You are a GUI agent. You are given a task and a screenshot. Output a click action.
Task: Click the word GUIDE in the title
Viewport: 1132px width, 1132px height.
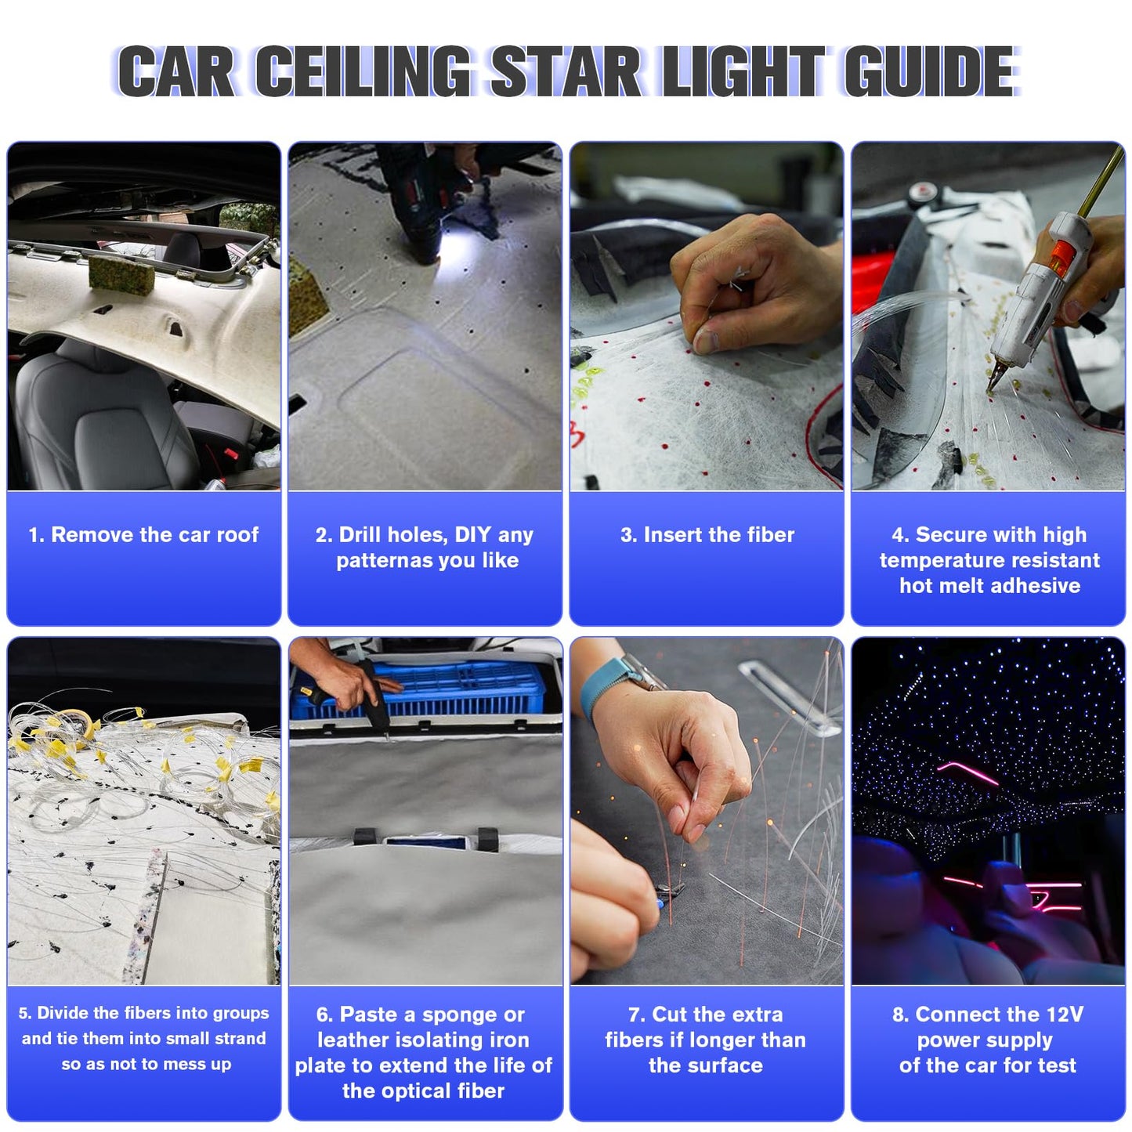click(x=930, y=71)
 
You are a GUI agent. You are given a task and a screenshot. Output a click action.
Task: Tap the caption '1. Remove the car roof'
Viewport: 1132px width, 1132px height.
click(x=143, y=535)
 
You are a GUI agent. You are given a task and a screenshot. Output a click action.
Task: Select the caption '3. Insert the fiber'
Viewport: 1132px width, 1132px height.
click(x=707, y=535)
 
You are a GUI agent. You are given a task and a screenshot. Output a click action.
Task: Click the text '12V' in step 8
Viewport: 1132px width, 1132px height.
click(x=1064, y=1014)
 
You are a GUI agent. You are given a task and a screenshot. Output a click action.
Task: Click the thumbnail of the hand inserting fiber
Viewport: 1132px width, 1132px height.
click(x=707, y=316)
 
